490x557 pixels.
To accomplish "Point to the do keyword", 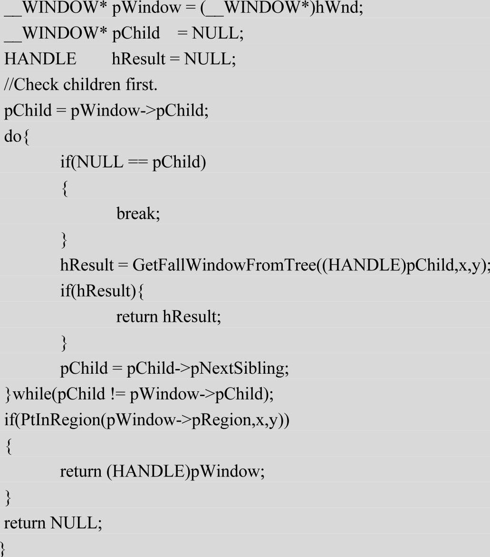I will pos(12,136).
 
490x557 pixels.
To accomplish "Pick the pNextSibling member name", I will pos(239,368).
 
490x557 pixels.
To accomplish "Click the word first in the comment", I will pos(141,85).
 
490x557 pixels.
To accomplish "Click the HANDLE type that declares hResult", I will pos(40,59).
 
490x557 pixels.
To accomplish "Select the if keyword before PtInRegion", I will pos(8,420).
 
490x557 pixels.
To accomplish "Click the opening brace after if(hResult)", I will pos(141,290).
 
